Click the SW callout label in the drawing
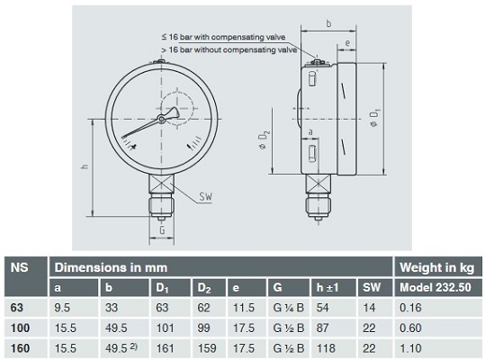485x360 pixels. tap(206, 197)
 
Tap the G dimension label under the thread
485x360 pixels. tap(162, 230)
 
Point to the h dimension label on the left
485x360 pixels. tap(85, 166)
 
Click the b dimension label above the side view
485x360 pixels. tap(328, 23)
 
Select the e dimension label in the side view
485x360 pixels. tap(347, 42)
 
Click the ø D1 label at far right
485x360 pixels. tap(374, 118)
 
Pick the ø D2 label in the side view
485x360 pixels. tap(264, 140)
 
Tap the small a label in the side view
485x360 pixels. tap(310, 132)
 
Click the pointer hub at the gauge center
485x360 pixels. tap(161, 119)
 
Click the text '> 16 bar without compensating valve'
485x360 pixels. tap(229, 49)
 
